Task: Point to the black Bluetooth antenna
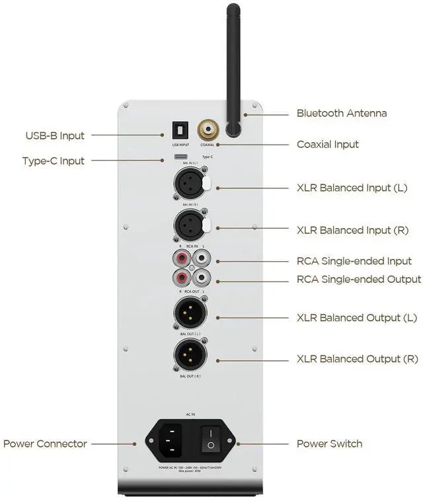(x=233, y=66)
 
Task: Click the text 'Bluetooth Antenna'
(x=342, y=113)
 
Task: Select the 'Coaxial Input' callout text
(x=328, y=144)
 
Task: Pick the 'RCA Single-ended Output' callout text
(x=359, y=280)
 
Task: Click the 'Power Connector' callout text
(x=45, y=443)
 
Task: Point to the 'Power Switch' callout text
(x=329, y=443)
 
